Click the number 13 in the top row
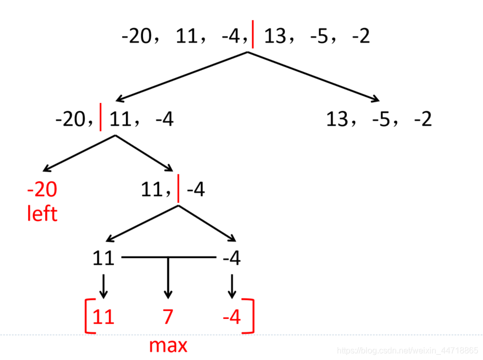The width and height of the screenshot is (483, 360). [275, 36]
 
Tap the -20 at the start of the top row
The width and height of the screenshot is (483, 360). [136, 36]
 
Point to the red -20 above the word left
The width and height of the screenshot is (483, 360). [42, 189]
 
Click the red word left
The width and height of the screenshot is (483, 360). [42, 213]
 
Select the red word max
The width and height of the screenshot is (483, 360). [168, 345]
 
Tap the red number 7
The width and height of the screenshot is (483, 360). [167, 317]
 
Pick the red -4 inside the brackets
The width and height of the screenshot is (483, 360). [232, 317]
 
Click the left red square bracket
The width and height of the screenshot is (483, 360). [87, 316]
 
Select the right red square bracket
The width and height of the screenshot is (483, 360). [251, 316]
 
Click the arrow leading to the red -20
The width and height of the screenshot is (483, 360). [78, 153]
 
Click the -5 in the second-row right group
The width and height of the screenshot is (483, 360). [382, 120]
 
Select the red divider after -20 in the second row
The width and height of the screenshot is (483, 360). [100, 119]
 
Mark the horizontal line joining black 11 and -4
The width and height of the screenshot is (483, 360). [167, 257]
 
